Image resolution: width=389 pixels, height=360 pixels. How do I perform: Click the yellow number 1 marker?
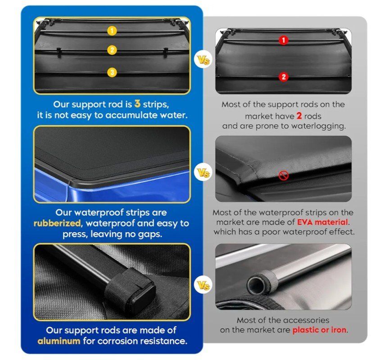[x=112, y=31]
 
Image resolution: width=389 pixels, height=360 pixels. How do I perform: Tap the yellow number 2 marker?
[x=112, y=50]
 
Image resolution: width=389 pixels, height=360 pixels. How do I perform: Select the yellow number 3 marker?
[x=112, y=72]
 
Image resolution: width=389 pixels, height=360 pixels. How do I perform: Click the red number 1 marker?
[x=284, y=40]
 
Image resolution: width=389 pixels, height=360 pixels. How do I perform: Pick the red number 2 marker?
[x=284, y=77]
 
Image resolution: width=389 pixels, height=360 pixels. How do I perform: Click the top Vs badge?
[x=203, y=60]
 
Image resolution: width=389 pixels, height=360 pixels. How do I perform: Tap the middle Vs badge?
[x=203, y=173]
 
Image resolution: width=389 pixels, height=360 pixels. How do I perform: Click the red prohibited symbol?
[x=283, y=175]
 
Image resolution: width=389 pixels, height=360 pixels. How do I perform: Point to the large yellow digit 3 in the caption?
[x=137, y=103]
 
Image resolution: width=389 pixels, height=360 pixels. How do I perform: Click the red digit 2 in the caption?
[x=299, y=116]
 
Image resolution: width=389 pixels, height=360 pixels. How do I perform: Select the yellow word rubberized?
[x=57, y=223]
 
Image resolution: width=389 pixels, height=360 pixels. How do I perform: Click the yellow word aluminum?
[x=59, y=341]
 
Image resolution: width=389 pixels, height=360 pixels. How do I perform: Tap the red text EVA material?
[x=322, y=222]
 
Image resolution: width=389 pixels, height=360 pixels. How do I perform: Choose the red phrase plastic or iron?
[x=320, y=330]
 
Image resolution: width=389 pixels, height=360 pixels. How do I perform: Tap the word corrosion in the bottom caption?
[x=120, y=341]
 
